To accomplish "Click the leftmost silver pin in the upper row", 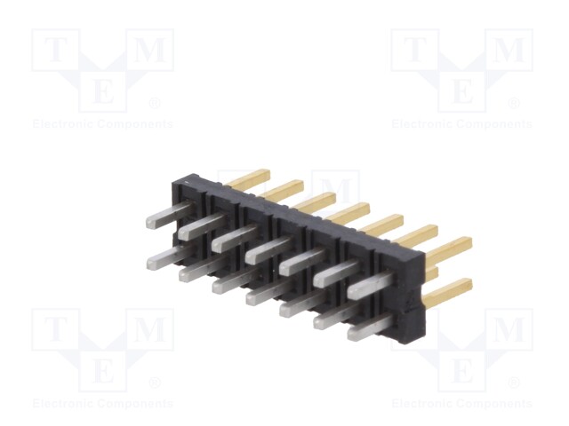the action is pos(170,215).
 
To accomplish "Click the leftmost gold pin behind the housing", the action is pos(247,178).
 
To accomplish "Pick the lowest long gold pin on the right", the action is pos(448,293).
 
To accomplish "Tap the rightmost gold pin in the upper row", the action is pos(448,250).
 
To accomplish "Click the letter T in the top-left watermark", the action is pos(55,50).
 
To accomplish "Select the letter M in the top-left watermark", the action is pos(150,50).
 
